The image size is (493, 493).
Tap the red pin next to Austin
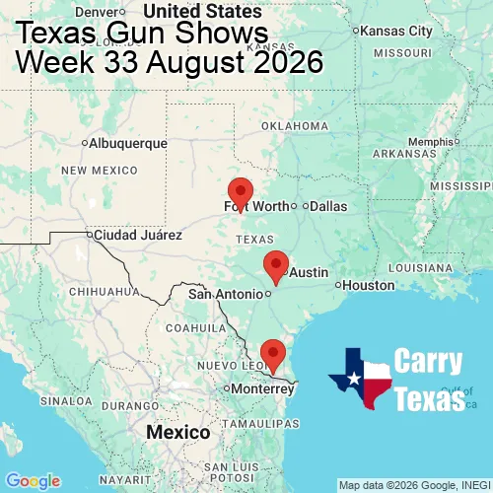[x=276, y=264]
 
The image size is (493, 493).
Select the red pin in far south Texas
[x=272, y=352]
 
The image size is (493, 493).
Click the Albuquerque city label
[x=127, y=143]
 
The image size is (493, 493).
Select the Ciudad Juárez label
[x=137, y=235]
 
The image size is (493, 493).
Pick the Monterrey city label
[x=260, y=388]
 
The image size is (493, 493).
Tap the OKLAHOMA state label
[x=294, y=126]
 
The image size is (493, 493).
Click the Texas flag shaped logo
[x=360, y=378]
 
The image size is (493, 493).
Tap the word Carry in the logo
[x=428, y=361]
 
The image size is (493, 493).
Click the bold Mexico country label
[x=177, y=433]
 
